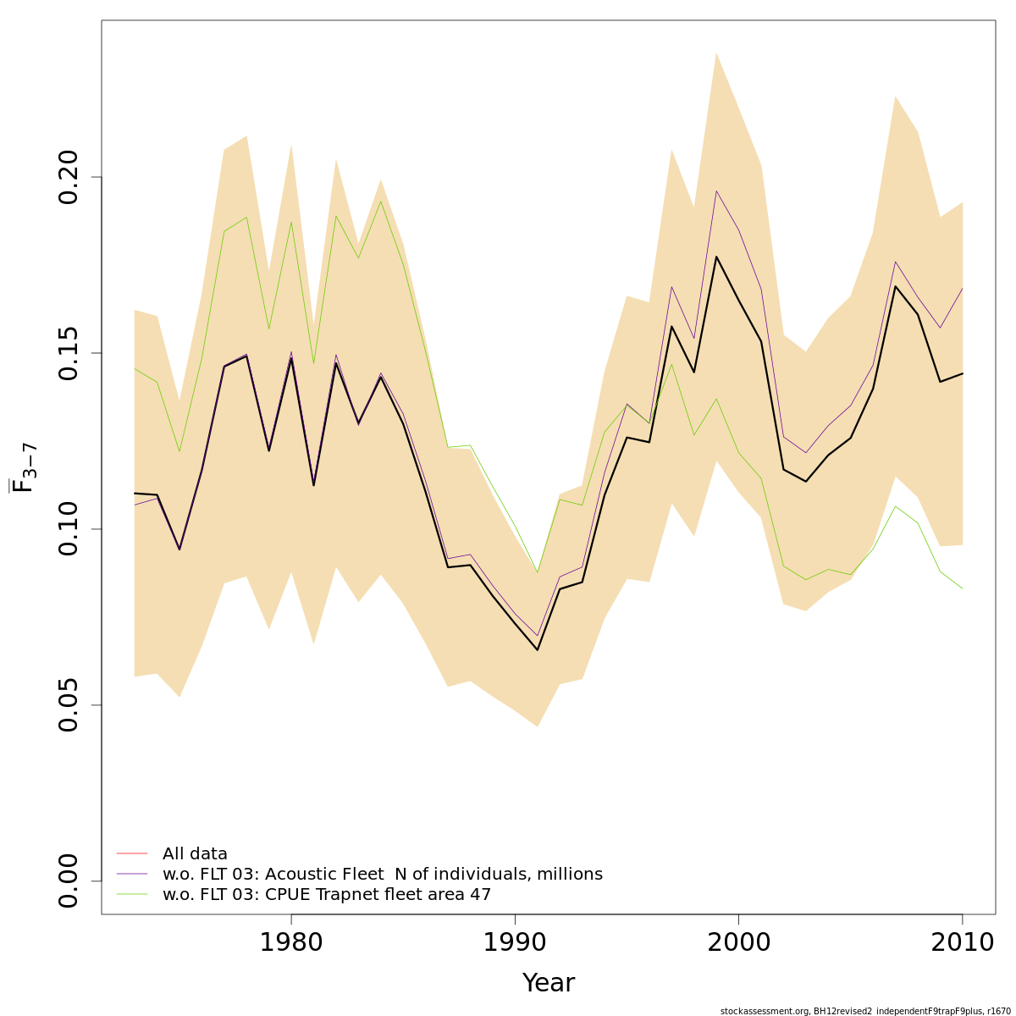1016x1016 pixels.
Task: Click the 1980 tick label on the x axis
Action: (x=291, y=943)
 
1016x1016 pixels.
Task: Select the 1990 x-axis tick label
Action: (x=515, y=943)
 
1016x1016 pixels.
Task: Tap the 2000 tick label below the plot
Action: (x=738, y=943)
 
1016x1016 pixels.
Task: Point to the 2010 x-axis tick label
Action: (x=962, y=943)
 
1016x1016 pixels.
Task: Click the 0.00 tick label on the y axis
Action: (x=69, y=881)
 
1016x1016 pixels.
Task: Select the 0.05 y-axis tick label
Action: (x=69, y=705)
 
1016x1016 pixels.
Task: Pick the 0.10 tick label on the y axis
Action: (x=69, y=529)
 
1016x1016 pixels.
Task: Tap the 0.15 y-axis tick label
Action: (x=69, y=353)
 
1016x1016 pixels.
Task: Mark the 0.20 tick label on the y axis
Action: (x=69, y=177)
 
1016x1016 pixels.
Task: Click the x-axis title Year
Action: (x=549, y=983)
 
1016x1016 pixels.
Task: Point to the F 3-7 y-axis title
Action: (x=23, y=472)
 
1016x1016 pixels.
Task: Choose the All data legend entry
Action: (x=195, y=854)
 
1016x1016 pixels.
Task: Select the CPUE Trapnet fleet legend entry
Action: (x=327, y=895)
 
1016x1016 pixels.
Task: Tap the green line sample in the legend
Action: (x=132, y=894)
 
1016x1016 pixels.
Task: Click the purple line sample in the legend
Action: (x=132, y=874)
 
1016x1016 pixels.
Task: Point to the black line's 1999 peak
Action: (x=716, y=257)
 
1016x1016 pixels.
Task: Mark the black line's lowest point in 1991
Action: (x=537, y=649)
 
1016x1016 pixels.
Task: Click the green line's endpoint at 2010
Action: (x=963, y=588)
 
